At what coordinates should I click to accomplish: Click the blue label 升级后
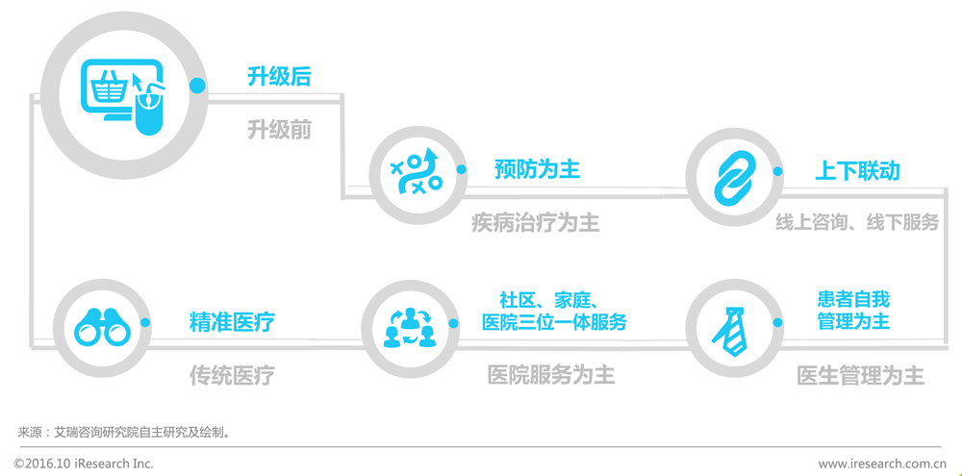[x=279, y=77]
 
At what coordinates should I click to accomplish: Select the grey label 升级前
[x=279, y=129]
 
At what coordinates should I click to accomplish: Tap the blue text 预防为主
[x=537, y=169]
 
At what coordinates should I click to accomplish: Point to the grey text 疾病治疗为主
[x=535, y=223]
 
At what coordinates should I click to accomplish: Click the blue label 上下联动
[x=857, y=171]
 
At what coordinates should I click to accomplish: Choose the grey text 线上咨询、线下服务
[x=857, y=222]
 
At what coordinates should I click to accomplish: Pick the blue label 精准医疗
[x=232, y=322]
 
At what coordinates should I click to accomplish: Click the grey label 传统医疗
[x=232, y=375]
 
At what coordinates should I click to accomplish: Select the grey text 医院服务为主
[x=551, y=374]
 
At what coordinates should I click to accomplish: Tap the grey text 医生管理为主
[x=860, y=375]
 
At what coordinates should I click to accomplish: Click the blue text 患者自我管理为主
[x=853, y=311]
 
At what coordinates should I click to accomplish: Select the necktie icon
[x=730, y=327]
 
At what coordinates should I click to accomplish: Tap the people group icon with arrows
[x=410, y=328]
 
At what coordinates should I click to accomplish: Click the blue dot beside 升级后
[x=197, y=86]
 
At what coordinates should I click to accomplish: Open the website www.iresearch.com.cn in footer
[x=882, y=463]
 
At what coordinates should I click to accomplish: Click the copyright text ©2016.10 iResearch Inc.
[x=84, y=463]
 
